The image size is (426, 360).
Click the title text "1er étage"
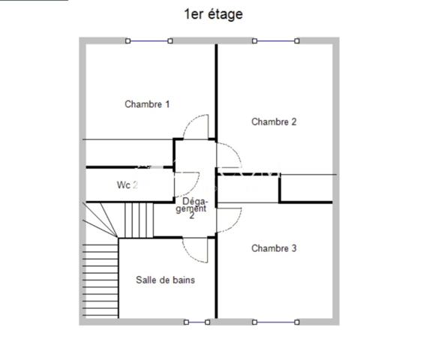pyautogui.click(x=213, y=14)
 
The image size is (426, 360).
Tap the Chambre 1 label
pyautogui.click(x=147, y=104)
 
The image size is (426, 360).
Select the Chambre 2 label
pyautogui.click(x=274, y=121)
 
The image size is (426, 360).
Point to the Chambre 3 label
pyautogui.click(x=274, y=248)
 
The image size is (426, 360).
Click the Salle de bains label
pyautogui.click(x=165, y=280)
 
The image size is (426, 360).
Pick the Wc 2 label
pyautogui.click(x=127, y=184)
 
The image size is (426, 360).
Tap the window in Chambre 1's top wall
pyautogui.click(x=148, y=41)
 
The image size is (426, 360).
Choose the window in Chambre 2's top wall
pyautogui.click(x=276, y=41)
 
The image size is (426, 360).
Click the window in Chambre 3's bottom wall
pyautogui.click(x=276, y=322)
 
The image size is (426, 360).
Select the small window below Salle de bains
pyautogui.click(x=196, y=322)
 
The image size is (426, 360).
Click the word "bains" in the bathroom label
pyautogui.click(x=182, y=280)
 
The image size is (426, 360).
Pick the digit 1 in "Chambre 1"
pyautogui.click(x=167, y=104)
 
